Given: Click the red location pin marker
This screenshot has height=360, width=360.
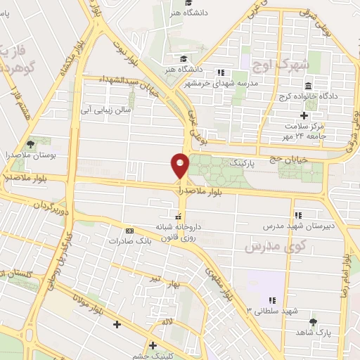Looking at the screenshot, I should coord(180,165).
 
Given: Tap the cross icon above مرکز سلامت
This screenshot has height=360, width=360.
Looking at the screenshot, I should coord(304,115).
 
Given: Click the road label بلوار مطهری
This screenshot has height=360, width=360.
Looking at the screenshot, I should coord(216,277).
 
